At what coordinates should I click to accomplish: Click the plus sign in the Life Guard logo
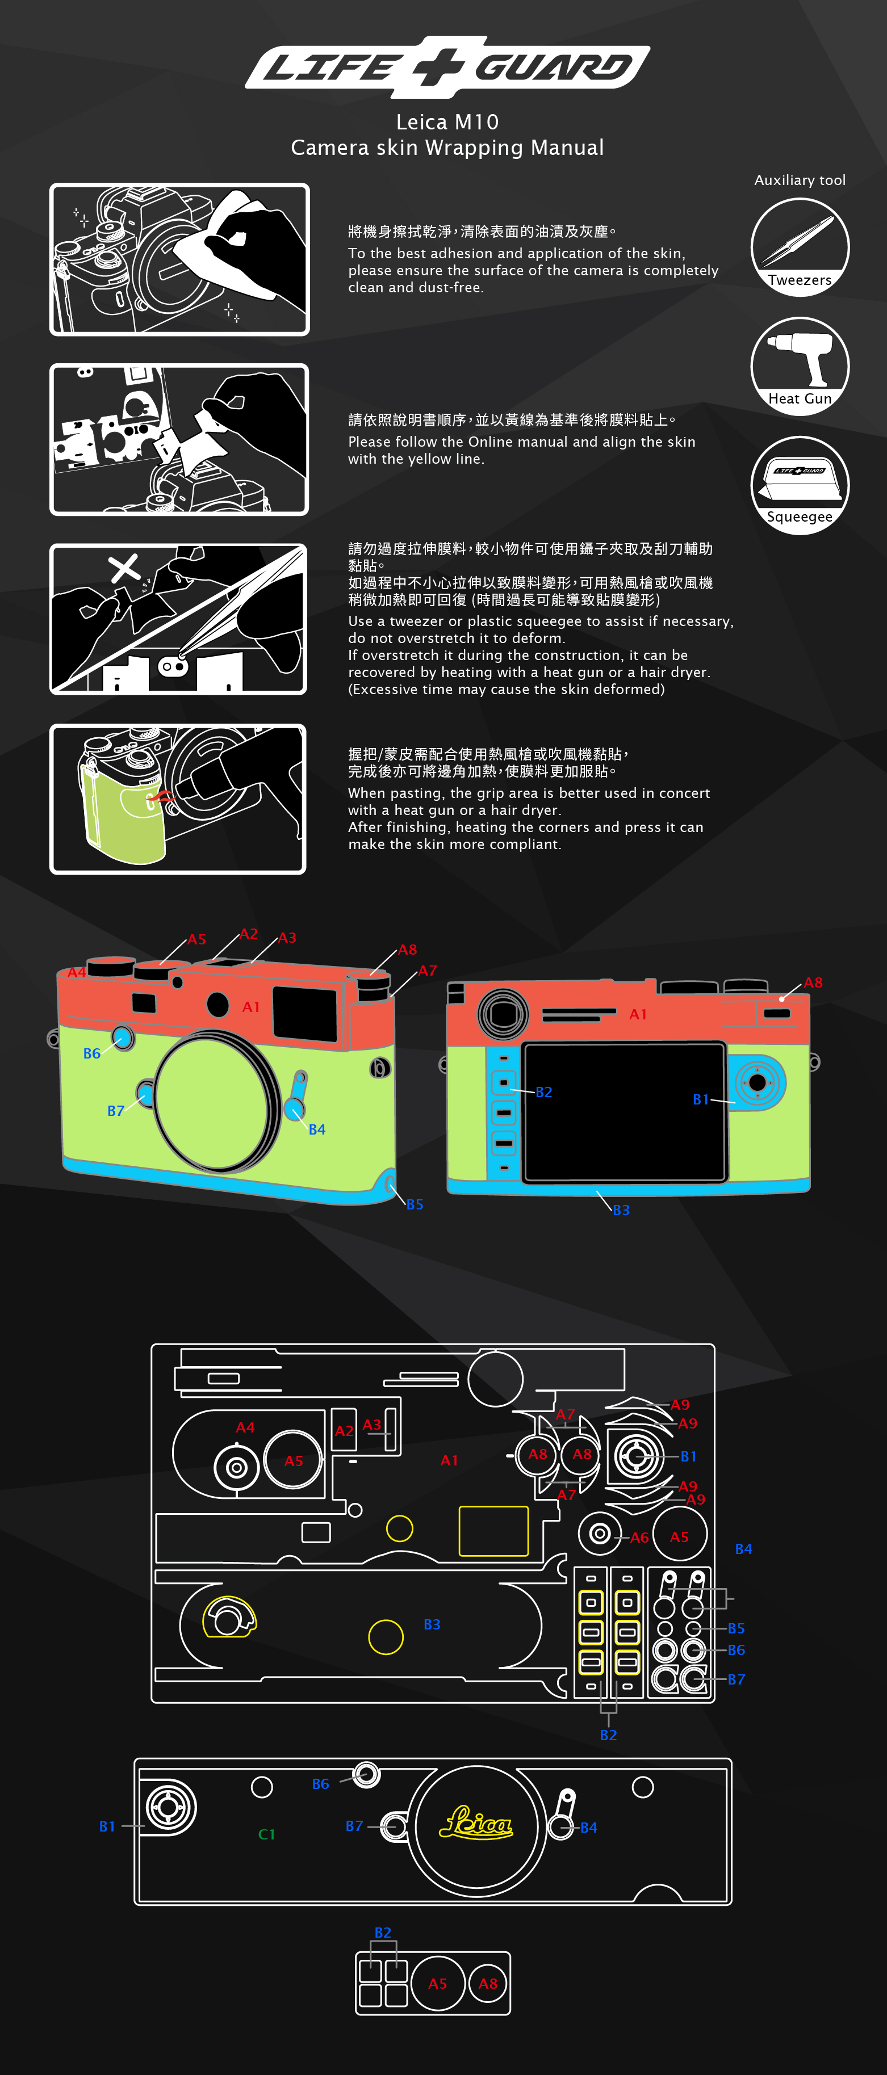[439, 66]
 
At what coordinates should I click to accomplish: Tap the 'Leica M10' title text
[447, 121]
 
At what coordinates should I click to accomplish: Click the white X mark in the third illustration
[124, 568]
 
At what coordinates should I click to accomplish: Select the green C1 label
[267, 1834]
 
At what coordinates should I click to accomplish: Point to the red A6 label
[639, 1538]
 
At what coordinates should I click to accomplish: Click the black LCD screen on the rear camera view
[625, 1112]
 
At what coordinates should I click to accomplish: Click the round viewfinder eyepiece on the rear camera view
[503, 1013]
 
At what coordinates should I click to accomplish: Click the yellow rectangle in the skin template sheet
[493, 1531]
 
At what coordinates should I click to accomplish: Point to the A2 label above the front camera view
[249, 934]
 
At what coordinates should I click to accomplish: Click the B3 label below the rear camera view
[621, 1210]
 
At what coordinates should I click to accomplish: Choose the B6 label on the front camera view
[92, 1053]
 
